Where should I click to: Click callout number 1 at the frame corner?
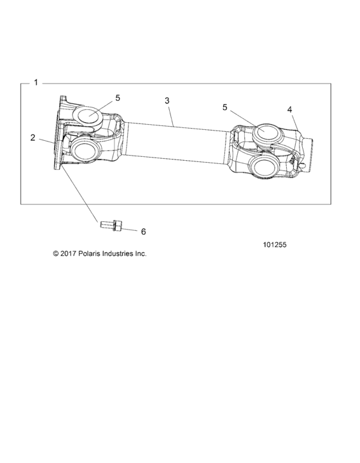pyautogui.click(x=36, y=83)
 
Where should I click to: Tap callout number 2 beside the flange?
pyautogui.click(x=32, y=137)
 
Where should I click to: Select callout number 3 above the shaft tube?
pyautogui.click(x=167, y=101)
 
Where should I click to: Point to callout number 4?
pyautogui.click(x=290, y=109)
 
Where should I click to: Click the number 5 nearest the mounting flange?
pyautogui.click(x=118, y=98)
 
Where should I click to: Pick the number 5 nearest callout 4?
pyautogui.click(x=224, y=107)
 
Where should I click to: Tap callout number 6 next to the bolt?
pyautogui.click(x=143, y=231)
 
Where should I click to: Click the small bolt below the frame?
pyautogui.click(x=109, y=224)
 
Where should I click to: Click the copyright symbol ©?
pyautogui.click(x=56, y=254)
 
